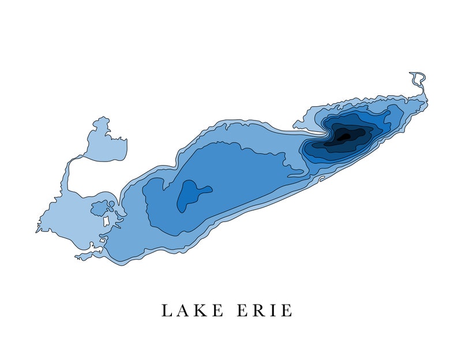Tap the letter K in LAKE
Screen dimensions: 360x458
[x=202, y=310]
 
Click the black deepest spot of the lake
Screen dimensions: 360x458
[x=344, y=136]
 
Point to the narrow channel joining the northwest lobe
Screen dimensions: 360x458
[x=70, y=173]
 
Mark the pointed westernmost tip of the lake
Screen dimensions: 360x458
[x=36, y=231]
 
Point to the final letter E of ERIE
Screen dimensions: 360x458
[x=287, y=310]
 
